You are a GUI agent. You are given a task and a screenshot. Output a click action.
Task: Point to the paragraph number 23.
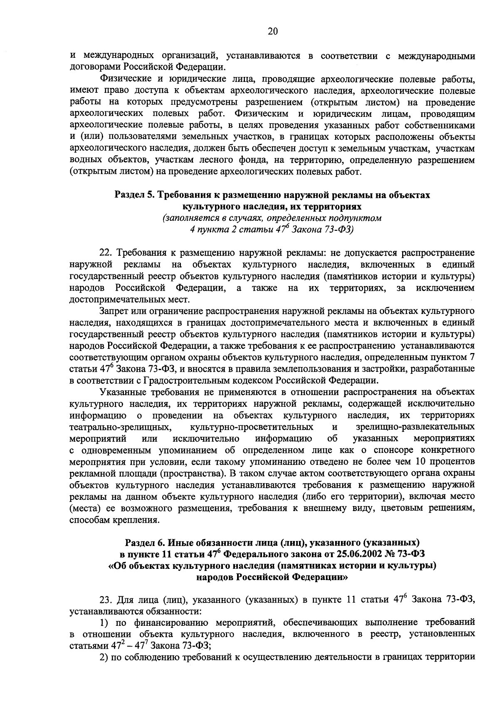tap(106, 600)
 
